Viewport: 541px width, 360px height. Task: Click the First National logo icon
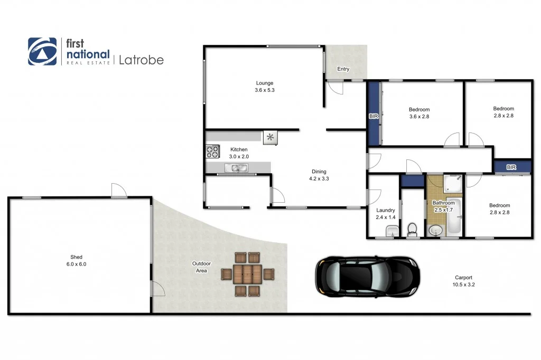42,51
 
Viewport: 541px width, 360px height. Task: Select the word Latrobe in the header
141,60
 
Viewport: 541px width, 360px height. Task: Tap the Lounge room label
264,87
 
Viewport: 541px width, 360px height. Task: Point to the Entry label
343,69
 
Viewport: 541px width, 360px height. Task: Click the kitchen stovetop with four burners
212,152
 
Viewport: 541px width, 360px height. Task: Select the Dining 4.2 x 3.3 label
319,175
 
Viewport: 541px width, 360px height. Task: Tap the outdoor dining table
247,274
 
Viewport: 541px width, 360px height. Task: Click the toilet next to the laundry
413,230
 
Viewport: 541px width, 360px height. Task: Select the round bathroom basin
435,230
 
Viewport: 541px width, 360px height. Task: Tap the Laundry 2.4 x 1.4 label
385,213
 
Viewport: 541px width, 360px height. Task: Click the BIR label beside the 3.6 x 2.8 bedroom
373,117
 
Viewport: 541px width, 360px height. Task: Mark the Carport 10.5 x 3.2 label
463,281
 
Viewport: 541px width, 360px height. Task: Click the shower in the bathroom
453,184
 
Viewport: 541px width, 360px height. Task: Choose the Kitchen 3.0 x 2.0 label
238,153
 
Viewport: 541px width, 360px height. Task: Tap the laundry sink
391,231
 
